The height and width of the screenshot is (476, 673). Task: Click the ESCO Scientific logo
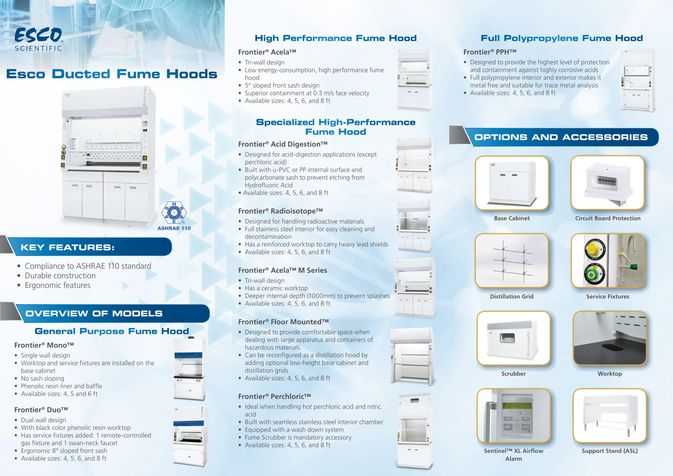[x=38, y=39]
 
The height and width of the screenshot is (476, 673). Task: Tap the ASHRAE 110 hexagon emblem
[x=174, y=212]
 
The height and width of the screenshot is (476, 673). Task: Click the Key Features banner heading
[x=67, y=247]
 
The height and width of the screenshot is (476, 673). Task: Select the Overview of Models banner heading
[x=94, y=313]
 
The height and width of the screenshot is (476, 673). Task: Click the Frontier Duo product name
[x=41, y=410]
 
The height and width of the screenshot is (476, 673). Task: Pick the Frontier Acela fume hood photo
[x=415, y=79]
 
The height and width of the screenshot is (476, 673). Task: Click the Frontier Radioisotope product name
[x=281, y=211]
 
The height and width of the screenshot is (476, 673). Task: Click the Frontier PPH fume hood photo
[x=638, y=80]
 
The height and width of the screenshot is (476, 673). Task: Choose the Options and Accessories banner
[x=561, y=137]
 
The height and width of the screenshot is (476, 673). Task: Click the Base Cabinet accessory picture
[x=512, y=183]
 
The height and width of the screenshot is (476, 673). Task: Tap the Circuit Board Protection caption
[x=608, y=218]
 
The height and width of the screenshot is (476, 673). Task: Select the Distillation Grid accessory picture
[x=512, y=260]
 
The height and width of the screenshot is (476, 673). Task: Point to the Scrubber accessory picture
[x=513, y=338]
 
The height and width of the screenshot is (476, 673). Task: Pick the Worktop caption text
[x=610, y=374]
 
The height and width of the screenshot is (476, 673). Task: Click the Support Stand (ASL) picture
[x=610, y=415]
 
